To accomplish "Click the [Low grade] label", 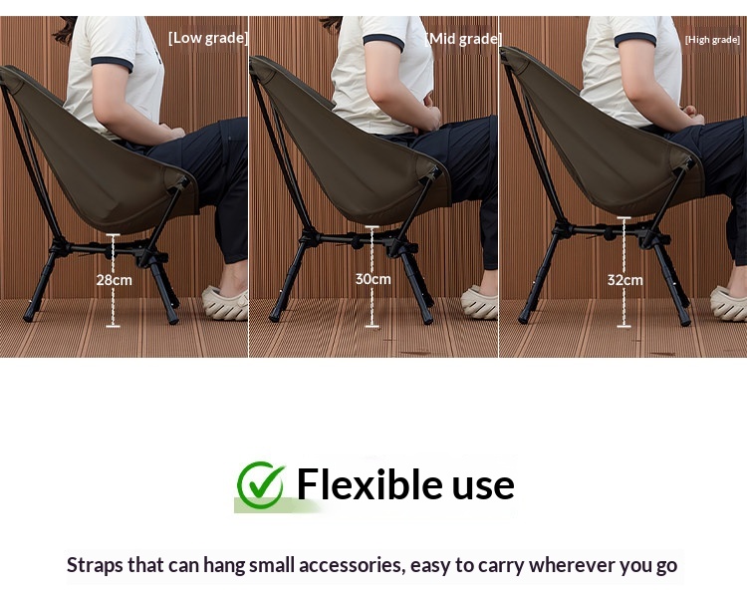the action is tap(208, 38).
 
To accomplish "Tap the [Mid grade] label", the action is tap(463, 39).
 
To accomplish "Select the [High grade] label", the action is tap(712, 40).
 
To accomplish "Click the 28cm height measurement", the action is tap(114, 280).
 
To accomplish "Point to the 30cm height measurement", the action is tap(373, 279).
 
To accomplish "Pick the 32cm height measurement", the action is tap(625, 280).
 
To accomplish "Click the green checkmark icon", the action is tap(261, 484).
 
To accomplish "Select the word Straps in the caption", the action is tap(95, 566).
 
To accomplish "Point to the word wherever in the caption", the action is tap(572, 565).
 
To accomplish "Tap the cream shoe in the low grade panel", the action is tap(225, 303).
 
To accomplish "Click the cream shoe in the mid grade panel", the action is tap(479, 302).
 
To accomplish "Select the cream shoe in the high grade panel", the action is tap(728, 303).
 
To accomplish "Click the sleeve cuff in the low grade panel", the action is tap(112, 64).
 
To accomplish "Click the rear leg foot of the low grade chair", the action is tap(29, 316).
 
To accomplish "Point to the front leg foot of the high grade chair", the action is tap(686, 322).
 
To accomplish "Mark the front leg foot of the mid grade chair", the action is tap(428, 319).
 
